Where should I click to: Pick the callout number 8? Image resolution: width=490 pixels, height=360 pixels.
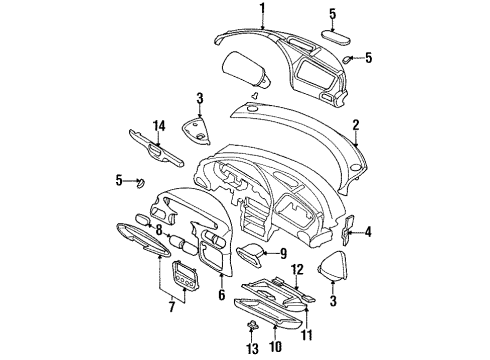point(158,229)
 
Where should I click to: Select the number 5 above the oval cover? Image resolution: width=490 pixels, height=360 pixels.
point(333,14)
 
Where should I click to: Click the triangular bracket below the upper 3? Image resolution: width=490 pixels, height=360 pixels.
point(200,127)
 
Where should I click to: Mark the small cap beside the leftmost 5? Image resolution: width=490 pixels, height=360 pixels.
point(140,182)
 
